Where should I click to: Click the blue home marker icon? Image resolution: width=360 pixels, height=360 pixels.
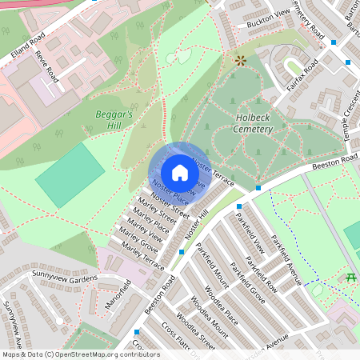pyautogui.click(x=179, y=173)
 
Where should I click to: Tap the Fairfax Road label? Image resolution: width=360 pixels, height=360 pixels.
pyautogui.click(x=301, y=77)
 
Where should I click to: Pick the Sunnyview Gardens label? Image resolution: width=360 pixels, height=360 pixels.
pyautogui.click(x=65, y=281)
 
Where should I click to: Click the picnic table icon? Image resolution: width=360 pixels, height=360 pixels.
pyautogui.click(x=350, y=278)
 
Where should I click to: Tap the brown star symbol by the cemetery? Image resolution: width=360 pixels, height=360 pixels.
pyautogui.click(x=239, y=60)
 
